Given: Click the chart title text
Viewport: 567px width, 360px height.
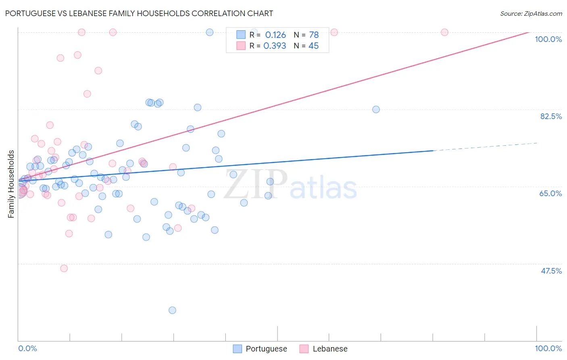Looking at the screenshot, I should point(139,13).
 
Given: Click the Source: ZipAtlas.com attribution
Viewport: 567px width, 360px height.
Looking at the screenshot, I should point(531,14).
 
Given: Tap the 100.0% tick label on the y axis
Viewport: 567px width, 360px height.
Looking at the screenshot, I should point(548,39).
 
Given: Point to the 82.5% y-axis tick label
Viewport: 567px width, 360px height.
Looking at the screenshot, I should point(551,116).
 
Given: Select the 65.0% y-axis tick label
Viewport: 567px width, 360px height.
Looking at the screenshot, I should point(550,193).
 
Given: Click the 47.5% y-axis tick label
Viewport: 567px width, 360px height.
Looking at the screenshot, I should point(551,271).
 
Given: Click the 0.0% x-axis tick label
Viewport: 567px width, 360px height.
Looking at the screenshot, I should point(27,348).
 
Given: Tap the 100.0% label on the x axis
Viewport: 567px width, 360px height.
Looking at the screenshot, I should point(548,348).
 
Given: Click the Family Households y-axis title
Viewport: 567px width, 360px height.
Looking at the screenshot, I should point(11,184).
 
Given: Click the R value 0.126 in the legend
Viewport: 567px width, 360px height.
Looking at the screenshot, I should point(275,35).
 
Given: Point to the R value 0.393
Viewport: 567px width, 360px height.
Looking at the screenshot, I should point(275,46).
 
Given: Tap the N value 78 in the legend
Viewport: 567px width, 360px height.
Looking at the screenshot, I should point(314,35).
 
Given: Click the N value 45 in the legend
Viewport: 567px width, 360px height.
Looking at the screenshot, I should point(313,46).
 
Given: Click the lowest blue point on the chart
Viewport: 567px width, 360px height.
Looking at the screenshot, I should point(172,310).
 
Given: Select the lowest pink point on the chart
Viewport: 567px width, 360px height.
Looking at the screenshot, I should point(64,268).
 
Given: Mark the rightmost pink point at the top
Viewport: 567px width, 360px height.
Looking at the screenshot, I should point(444,32).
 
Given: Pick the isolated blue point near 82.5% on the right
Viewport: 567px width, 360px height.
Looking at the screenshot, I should point(376,109).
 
